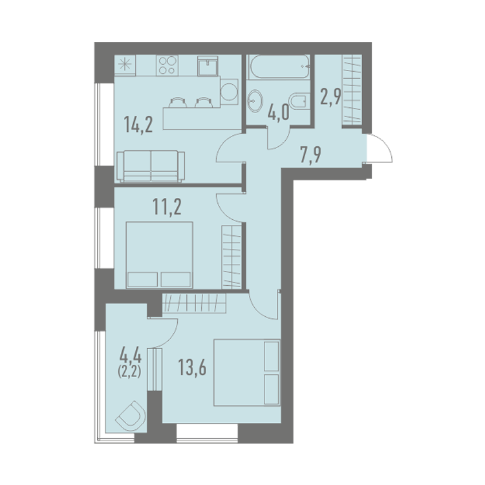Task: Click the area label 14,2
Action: click(x=138, y=124)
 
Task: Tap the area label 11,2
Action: click(x=167, y=207)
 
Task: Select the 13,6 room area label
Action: click(x=192, y=367)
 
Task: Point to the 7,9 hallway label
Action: click(x=311, y=155)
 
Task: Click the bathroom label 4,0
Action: click(x=279, y=112)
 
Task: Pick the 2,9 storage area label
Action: click(x=330, y=96)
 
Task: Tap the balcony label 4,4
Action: click(x=130, y=355)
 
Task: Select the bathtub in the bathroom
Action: click(x=279, y=67)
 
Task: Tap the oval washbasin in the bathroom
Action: click(x=255, y=101)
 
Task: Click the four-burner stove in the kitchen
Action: click(x=167, y=65)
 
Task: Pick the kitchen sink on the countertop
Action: click(x=208, y=65)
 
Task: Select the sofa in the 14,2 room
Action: click(x=151, y=166)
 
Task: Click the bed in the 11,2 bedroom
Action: click(x=160, y=255)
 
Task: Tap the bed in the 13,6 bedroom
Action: click(x=247, y=372)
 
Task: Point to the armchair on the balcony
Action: click(x=131, y=416)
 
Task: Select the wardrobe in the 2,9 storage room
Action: click(x=352, y=91)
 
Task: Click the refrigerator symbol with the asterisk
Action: click(x=125, y=65)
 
